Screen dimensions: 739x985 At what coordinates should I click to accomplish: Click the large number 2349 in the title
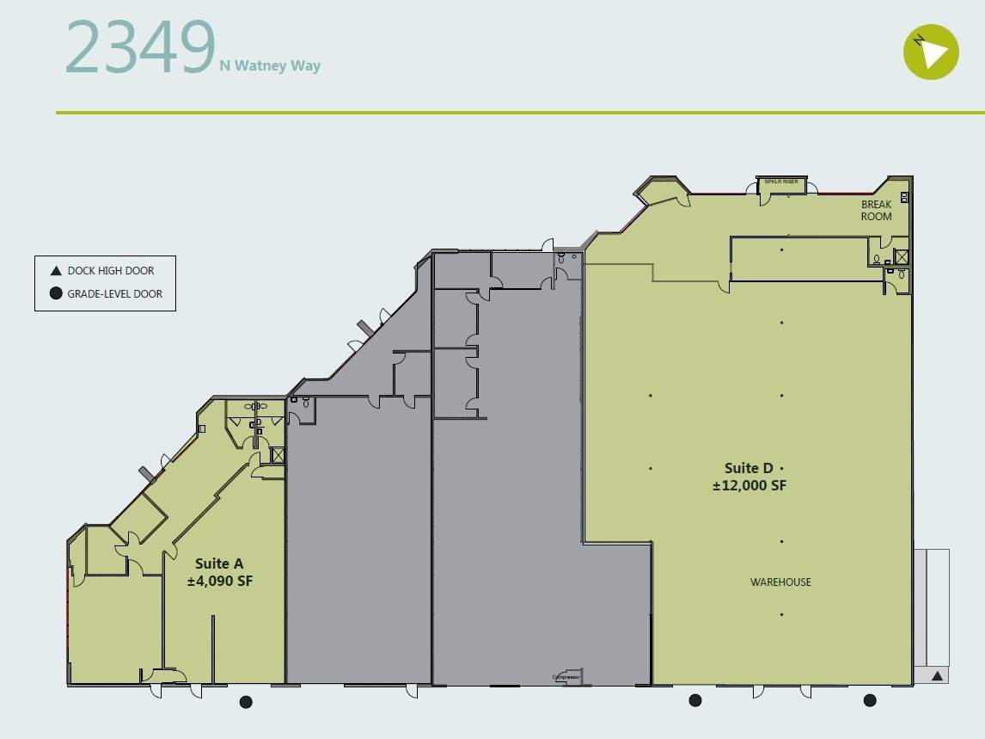[x=139, y=47]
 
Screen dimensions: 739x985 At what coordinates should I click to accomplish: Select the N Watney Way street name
[x=270, y=65]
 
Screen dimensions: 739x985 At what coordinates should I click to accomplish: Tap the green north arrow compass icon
[x=931, y=52]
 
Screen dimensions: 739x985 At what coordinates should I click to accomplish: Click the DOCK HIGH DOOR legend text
[x=111, y=270]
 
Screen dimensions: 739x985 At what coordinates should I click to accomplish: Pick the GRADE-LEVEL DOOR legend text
[x=115, y=293]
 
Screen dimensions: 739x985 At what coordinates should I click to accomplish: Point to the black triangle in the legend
[x=56, y=270]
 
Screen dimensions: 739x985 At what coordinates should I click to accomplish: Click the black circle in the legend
[x=56, y=293]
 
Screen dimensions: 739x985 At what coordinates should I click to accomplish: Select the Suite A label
[x=219, y=563]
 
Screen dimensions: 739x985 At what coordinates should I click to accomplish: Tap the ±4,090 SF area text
[x=220, y=581]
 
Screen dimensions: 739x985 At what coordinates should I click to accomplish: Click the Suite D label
[x=749, y=468]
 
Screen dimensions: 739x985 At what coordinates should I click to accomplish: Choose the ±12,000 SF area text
[x=749, y=485]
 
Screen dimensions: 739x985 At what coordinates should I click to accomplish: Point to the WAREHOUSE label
[x=780, y=582]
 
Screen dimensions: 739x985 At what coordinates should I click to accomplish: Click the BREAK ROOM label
[x=877, y=211]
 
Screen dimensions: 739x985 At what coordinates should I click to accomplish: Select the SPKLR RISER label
[x=781, y=182]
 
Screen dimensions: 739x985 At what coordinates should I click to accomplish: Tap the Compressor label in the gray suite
[x=566, y=678]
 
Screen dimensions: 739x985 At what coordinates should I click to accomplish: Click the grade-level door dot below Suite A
[x=246, y=702]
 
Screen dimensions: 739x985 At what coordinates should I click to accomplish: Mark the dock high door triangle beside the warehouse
[x=938, y=676]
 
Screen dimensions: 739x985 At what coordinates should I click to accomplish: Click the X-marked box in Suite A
[x=278, y=456]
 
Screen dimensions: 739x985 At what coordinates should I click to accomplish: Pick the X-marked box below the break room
[x=901, y=256]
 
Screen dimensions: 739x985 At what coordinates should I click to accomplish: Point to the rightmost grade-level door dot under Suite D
[x=870, y=700]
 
